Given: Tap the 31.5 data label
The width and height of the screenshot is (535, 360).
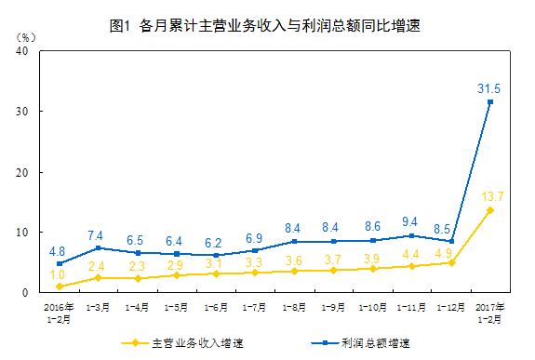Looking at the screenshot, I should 489,88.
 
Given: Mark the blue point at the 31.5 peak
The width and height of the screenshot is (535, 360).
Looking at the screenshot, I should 490,101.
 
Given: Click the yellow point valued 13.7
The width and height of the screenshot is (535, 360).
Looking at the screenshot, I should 490,210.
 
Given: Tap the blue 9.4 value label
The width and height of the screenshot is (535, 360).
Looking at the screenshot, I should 412,222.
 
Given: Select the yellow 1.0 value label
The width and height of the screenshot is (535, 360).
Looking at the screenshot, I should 58,274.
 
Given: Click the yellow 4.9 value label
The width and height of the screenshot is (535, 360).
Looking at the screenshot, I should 444,251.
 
